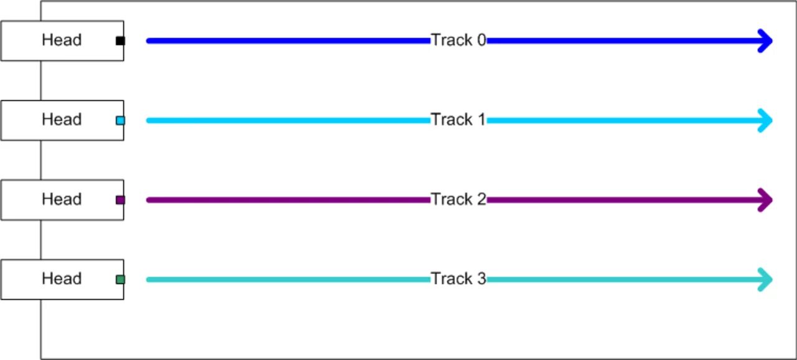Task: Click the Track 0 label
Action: (458, 40)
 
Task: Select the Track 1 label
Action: (458, 120)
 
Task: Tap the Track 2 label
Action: (458, 199)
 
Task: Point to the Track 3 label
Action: (458, 278)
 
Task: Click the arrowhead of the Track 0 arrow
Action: (766, 41)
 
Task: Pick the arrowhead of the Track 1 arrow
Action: (766, 120)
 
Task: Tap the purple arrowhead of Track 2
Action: (766, 200)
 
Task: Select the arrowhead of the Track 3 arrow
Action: (766, 279)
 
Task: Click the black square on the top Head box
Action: (120, 41)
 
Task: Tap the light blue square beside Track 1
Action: (120, 120)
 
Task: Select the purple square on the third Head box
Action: (120, 200)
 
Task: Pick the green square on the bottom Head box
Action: (120, 280)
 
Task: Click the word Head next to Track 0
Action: (62, 40)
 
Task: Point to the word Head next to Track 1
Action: (62, 119)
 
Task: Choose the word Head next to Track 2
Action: (62, 199)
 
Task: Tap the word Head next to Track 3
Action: (62, 278)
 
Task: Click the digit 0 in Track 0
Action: (481, 40)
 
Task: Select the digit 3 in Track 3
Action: (481, 278)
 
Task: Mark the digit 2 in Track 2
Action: (481, 199)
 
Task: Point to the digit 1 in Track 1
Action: (481, 120)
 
